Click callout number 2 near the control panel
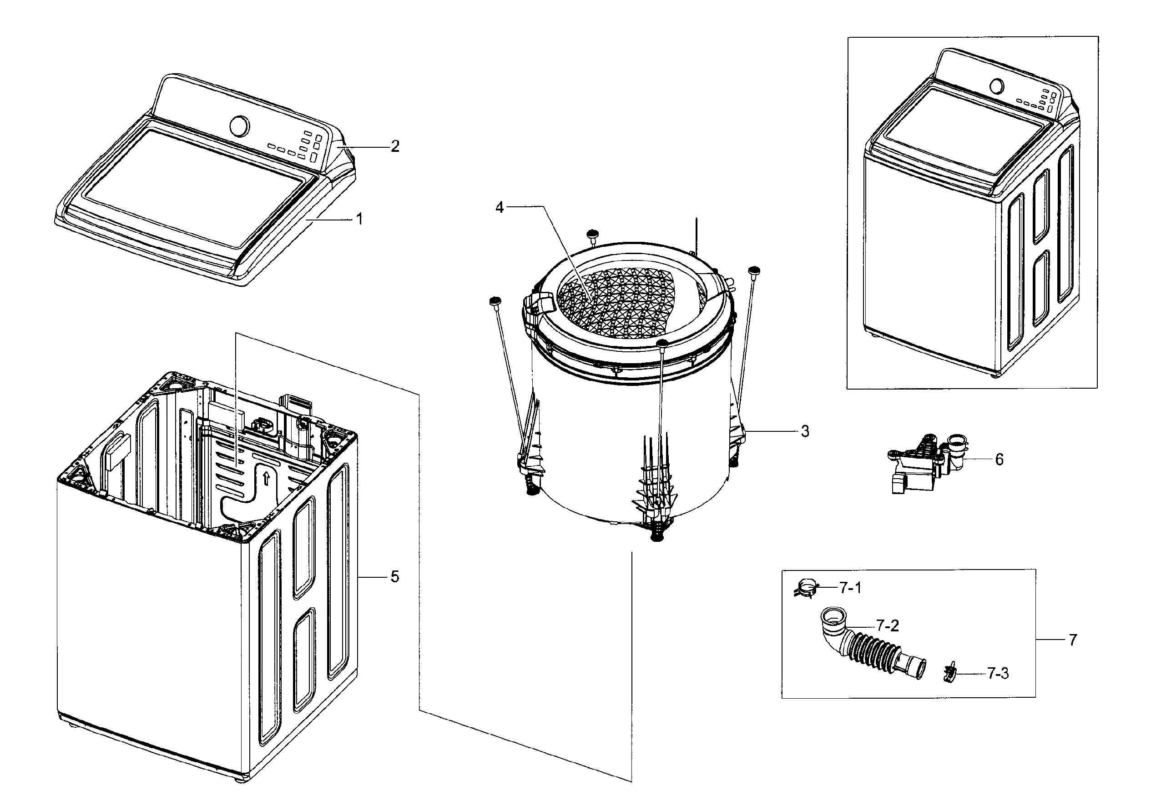pos(395,146)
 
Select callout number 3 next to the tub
pos(805,431)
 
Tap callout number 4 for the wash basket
pos(500,207)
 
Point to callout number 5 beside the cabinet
pos(395,577)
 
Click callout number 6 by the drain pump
pos(1000,460)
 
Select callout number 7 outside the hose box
pos(1073,640)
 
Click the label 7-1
pos(850,588)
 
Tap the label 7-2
pos(887,625)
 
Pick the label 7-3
pos(997,674)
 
